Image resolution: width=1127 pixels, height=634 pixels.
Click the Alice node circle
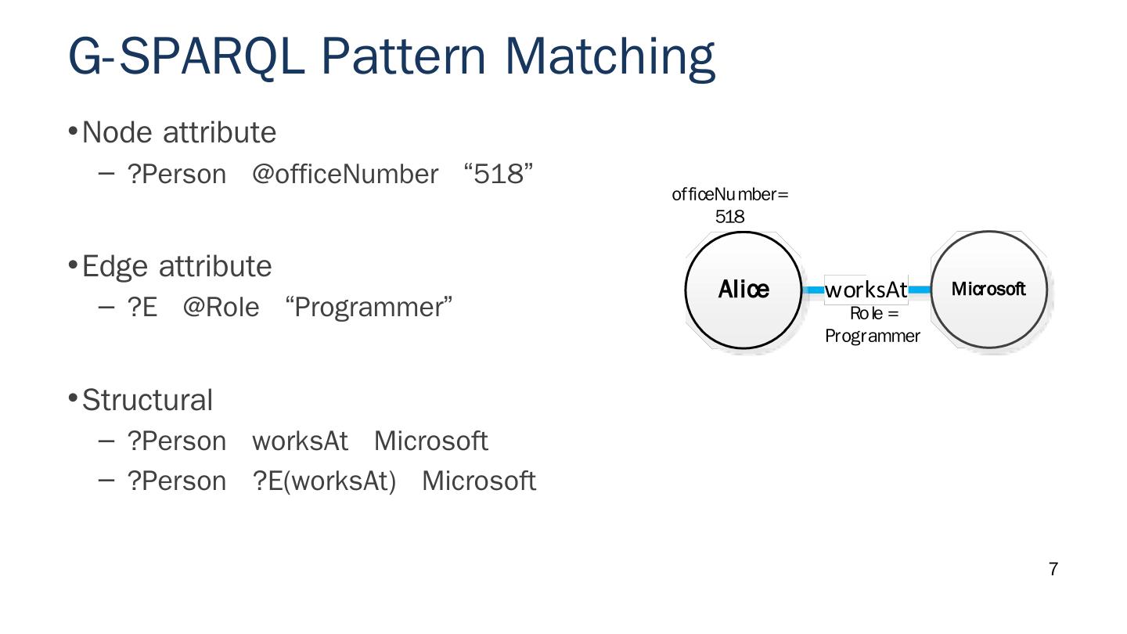coord(744,290)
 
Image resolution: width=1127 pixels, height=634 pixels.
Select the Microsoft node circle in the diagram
coord(988,289)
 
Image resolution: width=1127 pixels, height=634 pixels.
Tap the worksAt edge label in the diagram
coord(866,290)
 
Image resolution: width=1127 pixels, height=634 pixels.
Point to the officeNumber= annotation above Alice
coord(729,195)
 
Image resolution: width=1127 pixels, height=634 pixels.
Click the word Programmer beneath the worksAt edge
coord(872,337)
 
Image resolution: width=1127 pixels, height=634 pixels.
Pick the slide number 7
coord(1053,570)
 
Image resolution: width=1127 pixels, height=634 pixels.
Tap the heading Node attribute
coord(178,132)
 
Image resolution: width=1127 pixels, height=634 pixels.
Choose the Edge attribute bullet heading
coord(176,266)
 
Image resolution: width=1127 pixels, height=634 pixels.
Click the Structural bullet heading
coord(147,400)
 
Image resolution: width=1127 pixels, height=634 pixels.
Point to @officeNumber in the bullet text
coord(344,174)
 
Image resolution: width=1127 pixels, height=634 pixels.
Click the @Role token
coord(221,308)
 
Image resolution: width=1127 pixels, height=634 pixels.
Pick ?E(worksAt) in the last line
coord(324,481)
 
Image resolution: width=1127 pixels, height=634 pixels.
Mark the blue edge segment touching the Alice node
coord(814,290)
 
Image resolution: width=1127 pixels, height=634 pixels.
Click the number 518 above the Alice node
coord(729,217)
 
